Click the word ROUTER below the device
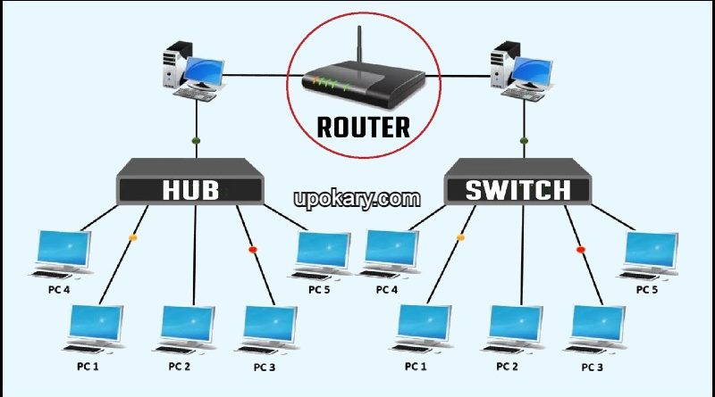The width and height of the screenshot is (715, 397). point(364,126)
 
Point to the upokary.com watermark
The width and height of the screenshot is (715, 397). point(357,199)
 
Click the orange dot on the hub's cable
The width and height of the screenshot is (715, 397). point(134,238)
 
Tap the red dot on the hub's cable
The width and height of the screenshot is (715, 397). point(252,249)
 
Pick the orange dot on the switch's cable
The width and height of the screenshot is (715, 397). point(461,238)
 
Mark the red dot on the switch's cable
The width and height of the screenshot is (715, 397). point(579,249)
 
